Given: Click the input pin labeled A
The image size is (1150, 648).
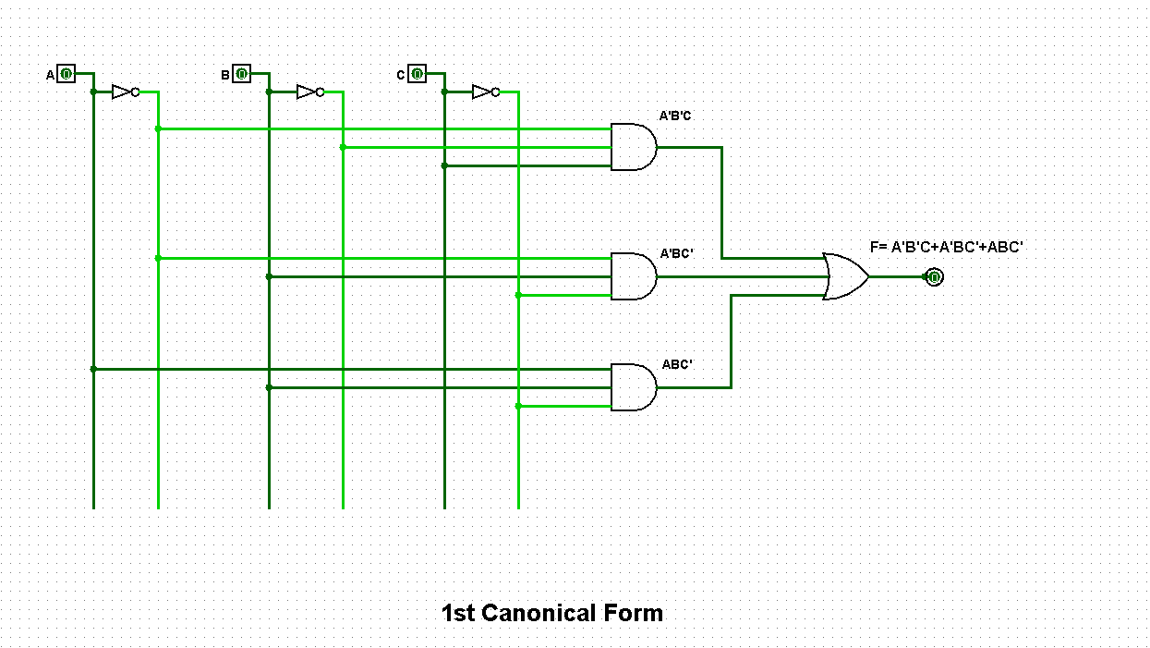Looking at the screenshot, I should tap(66, 74).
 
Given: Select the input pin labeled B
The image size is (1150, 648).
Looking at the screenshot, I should tap(241, 74).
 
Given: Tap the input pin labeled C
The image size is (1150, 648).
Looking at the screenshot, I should tap(417, 74).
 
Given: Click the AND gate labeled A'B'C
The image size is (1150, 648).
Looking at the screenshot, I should tap(634, 147).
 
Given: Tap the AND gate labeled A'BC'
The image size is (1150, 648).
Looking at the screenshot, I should tap(634, 276).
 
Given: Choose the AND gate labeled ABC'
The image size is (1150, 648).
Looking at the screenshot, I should tap(634, 387).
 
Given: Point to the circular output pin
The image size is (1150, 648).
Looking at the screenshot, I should tap(934, 276).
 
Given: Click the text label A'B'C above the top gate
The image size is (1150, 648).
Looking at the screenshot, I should tap(674, 116).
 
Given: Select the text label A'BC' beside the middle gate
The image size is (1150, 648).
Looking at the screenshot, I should tap(676, 252).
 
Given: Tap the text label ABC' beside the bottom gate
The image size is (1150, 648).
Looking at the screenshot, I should tap(677, 364).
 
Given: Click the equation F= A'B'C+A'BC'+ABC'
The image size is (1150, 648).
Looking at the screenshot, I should tap(947, 248).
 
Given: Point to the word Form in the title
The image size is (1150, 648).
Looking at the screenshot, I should tap(634, 613).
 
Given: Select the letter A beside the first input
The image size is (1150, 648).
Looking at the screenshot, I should tap(51, 75).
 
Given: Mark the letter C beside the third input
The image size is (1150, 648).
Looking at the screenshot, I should tap(401, 75).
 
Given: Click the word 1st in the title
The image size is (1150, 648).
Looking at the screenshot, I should tap(458, 613).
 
